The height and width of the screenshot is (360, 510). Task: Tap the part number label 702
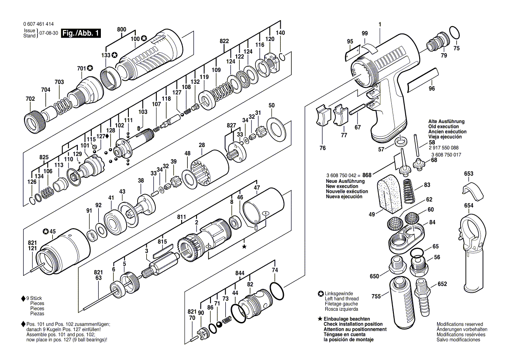click(x=30, y=99)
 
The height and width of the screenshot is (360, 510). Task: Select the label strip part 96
click(x=420, y=79)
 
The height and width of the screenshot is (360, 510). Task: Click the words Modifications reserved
click(x=460, y=325)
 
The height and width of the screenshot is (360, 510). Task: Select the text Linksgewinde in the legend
click(x=339, y=293)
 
